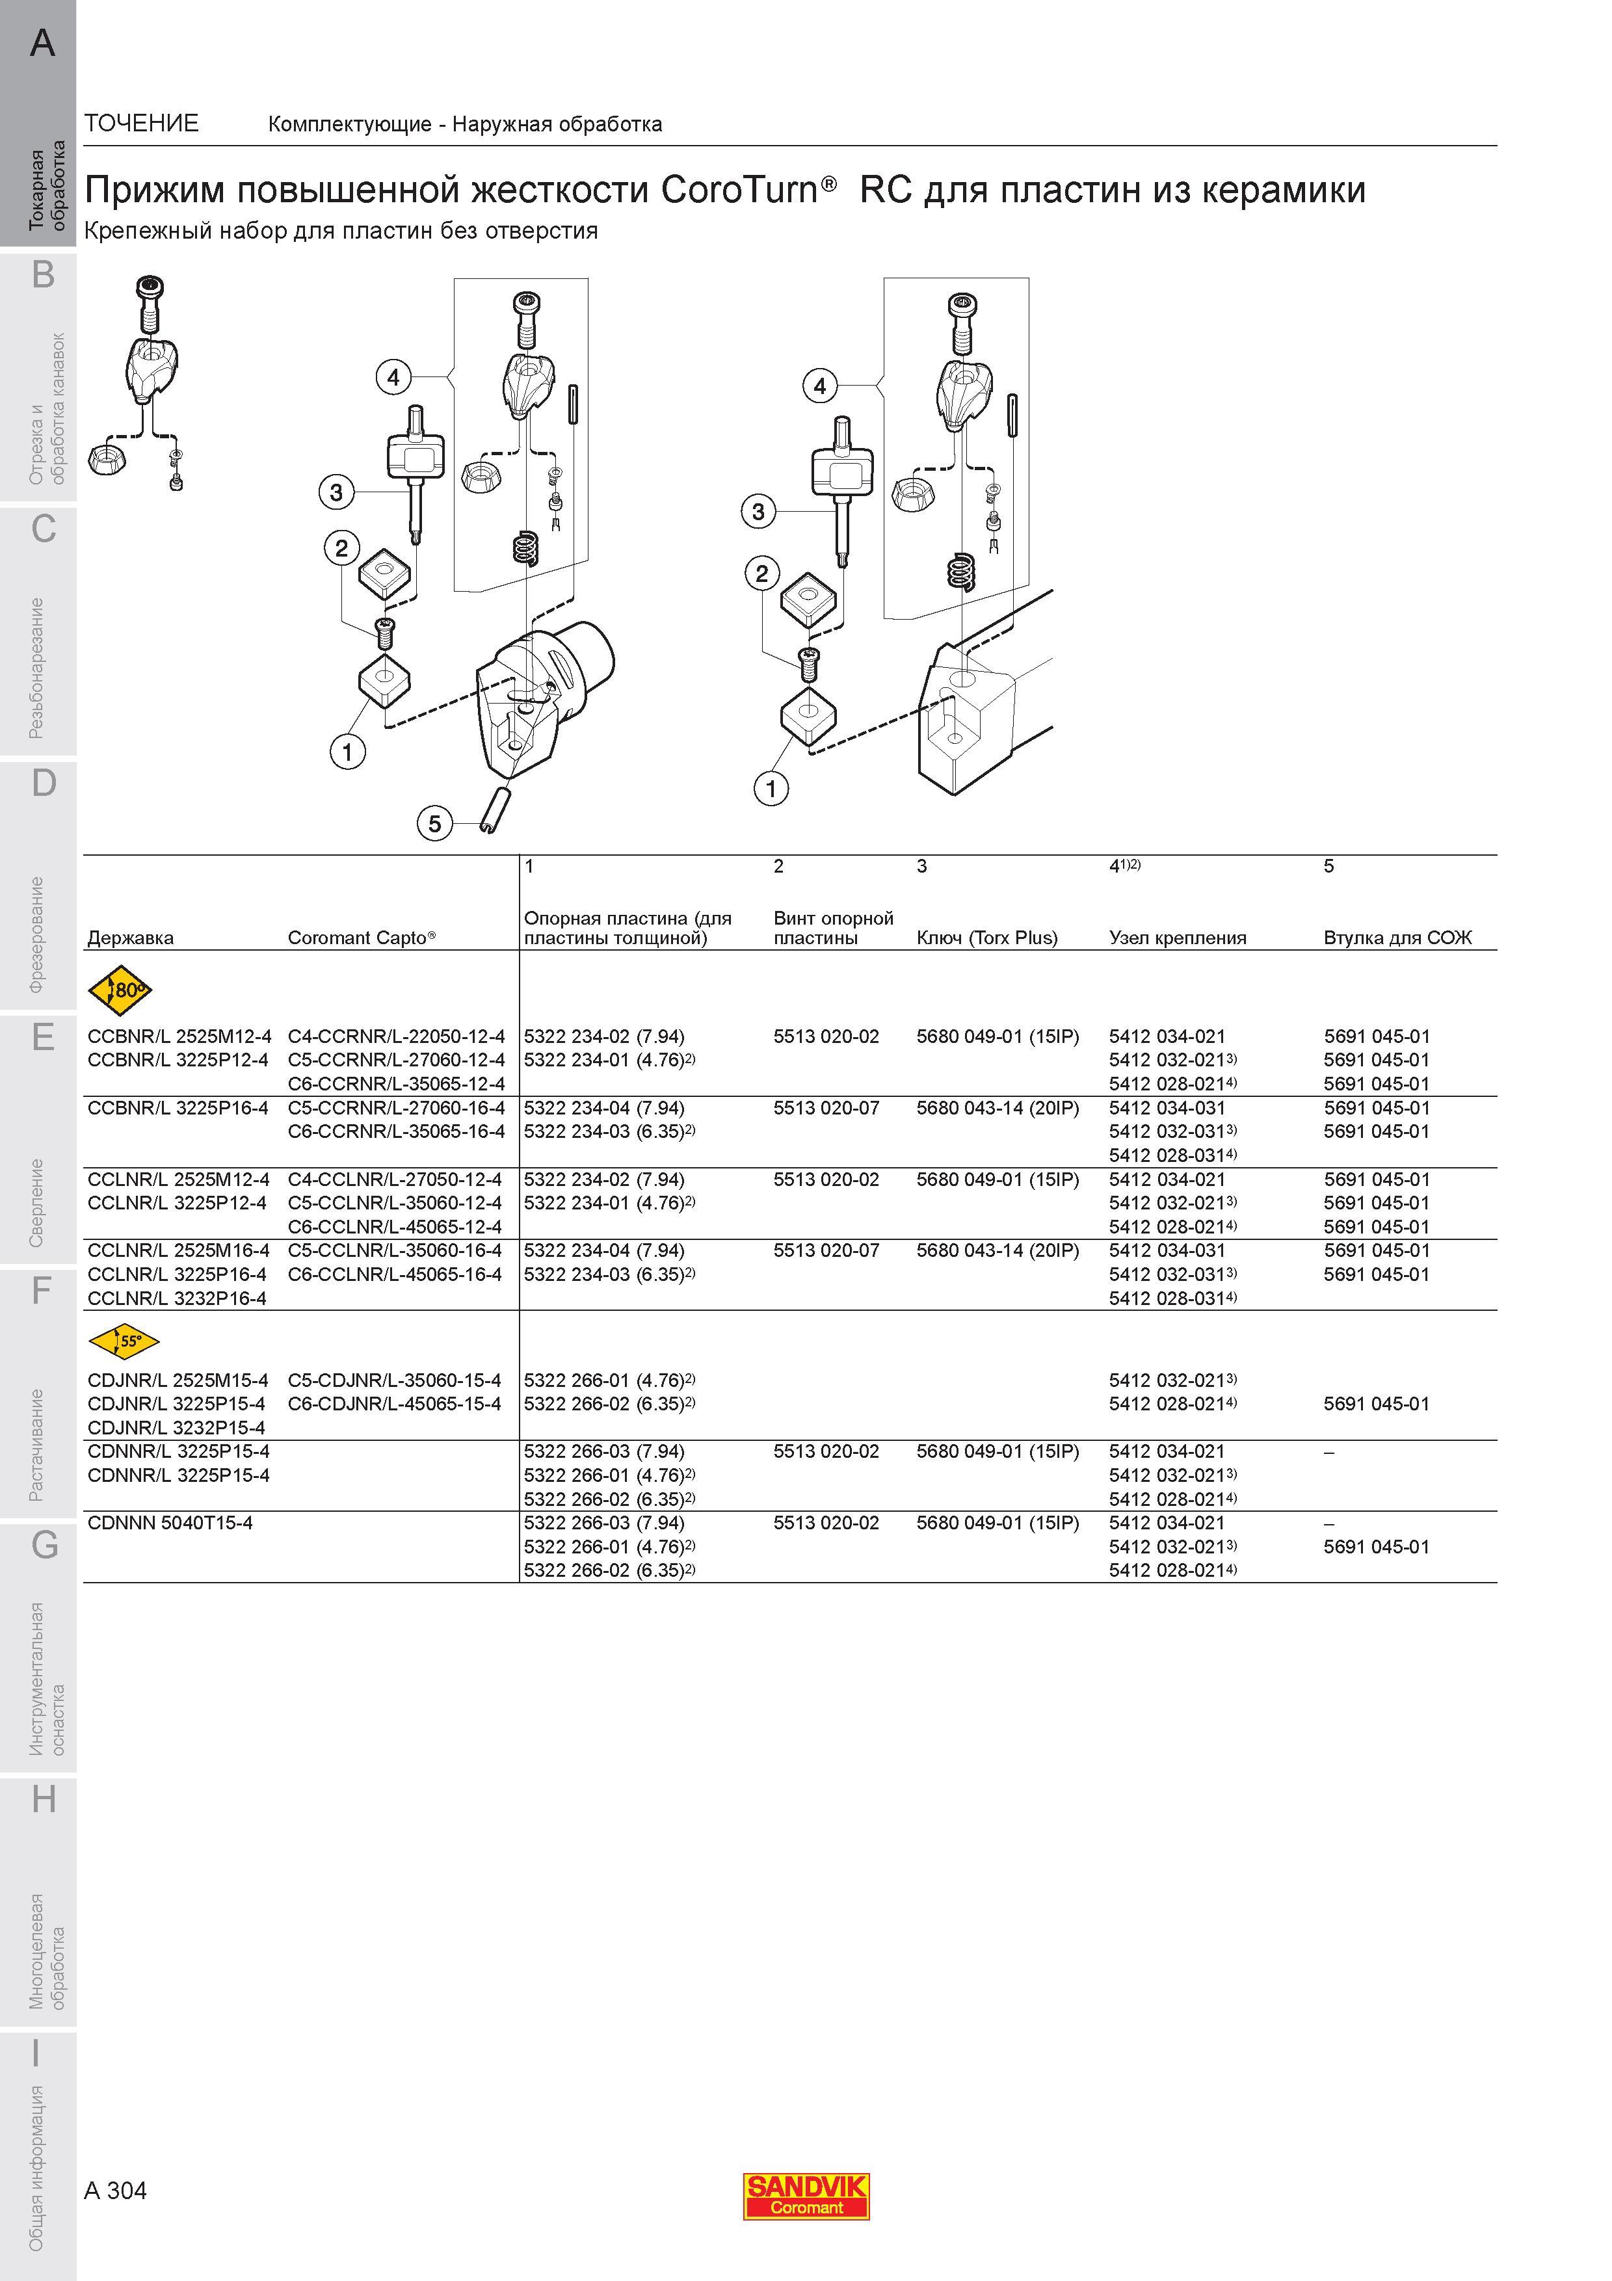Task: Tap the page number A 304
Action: (116, 2191)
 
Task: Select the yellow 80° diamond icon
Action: (120, 990)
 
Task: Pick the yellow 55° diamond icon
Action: (124, 1341)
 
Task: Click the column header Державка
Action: (130, 938)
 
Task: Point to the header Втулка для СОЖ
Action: (1397, 938)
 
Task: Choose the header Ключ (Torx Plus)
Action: (987, 938)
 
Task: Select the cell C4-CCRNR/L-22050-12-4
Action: (396, 1036)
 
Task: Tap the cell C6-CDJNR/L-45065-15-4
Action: (394, 1404)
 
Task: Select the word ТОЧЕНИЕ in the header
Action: (142, 123)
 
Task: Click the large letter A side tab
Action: (43, 43)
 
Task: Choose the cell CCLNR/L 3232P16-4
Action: (177, 1299)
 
